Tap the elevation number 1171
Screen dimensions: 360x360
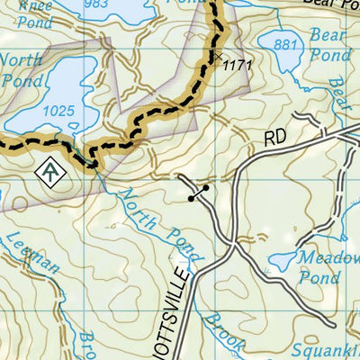236,65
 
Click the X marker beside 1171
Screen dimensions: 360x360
217,56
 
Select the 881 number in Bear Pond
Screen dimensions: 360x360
285,44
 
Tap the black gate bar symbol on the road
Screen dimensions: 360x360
198,192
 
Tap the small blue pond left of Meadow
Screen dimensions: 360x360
285,261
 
